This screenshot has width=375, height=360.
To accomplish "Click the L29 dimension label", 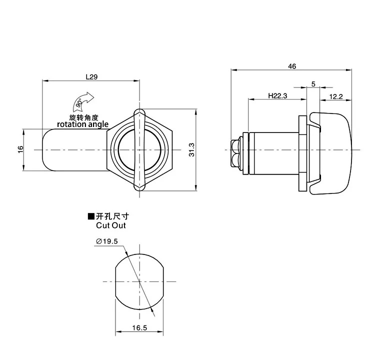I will click(91, 77).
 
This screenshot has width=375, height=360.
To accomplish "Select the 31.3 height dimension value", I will click(192, 150).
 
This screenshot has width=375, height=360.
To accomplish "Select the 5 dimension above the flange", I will click(313, 84).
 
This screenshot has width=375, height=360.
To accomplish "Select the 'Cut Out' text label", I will click(111, 225).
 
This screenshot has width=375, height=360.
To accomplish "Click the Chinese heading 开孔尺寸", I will click(115, 216).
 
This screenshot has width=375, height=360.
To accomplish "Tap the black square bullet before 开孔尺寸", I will click(91, 216).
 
